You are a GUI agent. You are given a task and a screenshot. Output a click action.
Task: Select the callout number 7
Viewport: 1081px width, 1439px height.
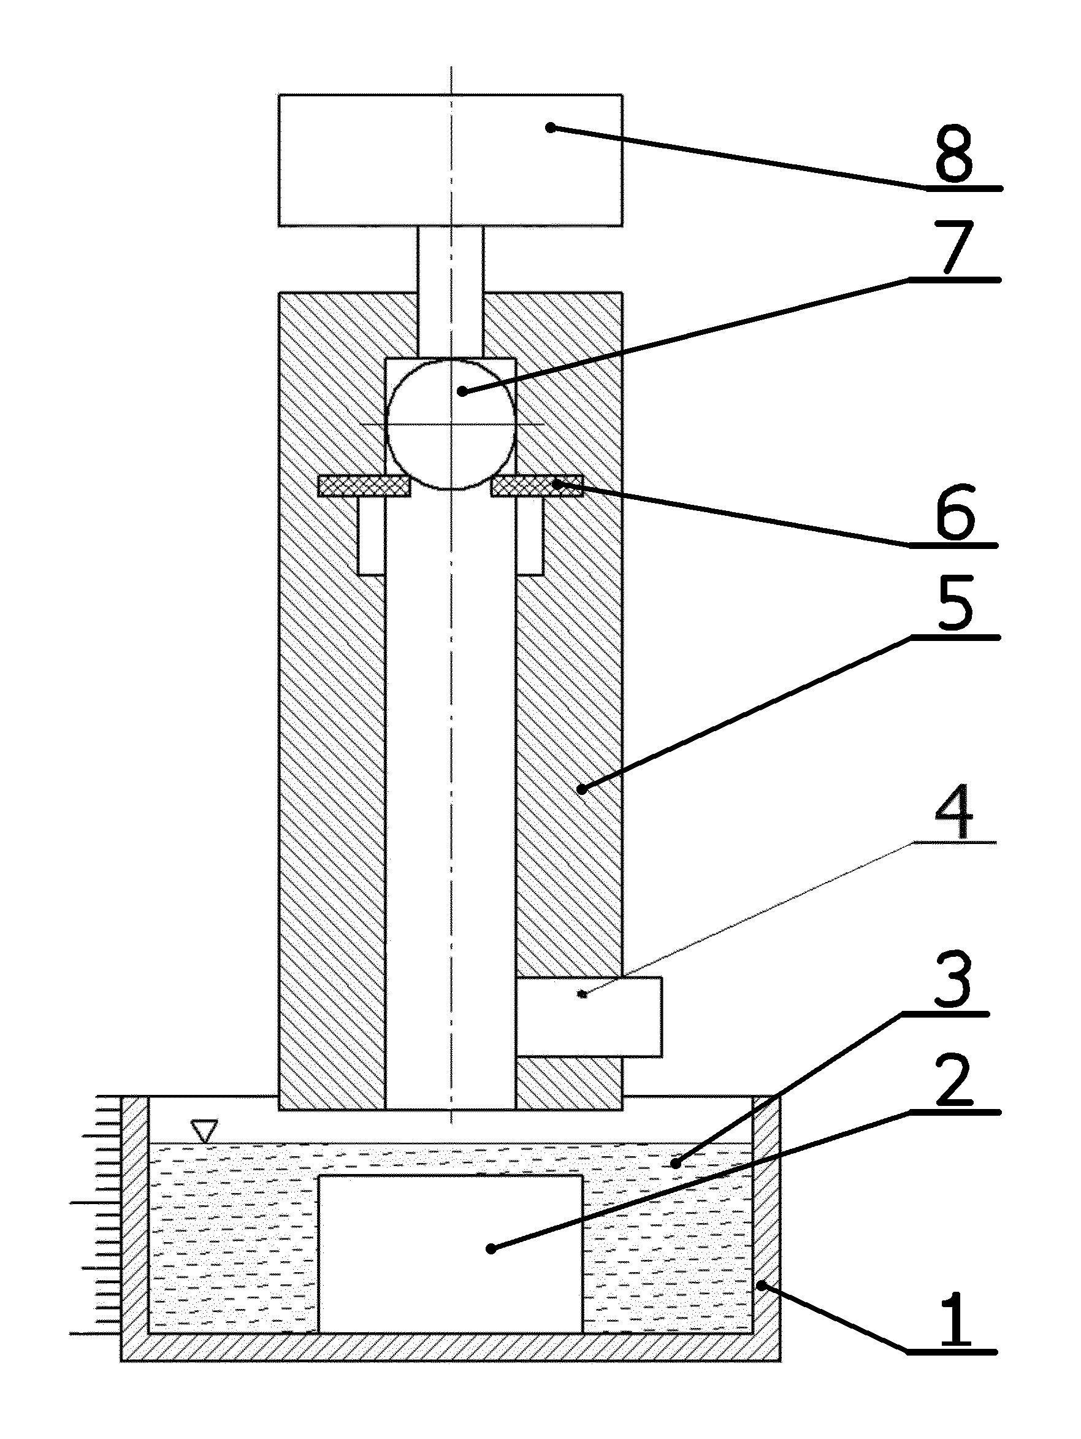tap(955, 247)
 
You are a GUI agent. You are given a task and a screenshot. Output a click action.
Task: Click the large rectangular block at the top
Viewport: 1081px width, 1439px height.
tap(450, 160)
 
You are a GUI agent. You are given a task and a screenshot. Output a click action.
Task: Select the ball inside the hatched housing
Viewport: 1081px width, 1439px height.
tap(451, 423)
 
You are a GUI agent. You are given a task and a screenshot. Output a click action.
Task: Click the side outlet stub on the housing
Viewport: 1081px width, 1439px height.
tap(589, 1016)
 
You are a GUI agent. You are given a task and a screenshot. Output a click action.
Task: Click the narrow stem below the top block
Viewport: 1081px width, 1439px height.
tap(451, 291)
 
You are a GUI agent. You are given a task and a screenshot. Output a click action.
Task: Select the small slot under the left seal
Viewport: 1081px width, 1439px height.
tap(372, 535)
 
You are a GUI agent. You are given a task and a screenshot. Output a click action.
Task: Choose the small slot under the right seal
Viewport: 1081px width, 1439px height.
tap(529, 535)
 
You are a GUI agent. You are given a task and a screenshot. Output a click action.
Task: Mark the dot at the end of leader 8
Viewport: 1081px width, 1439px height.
tap(550, 128)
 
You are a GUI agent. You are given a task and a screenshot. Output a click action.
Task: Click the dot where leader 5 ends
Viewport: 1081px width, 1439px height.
tap(582, 789)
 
